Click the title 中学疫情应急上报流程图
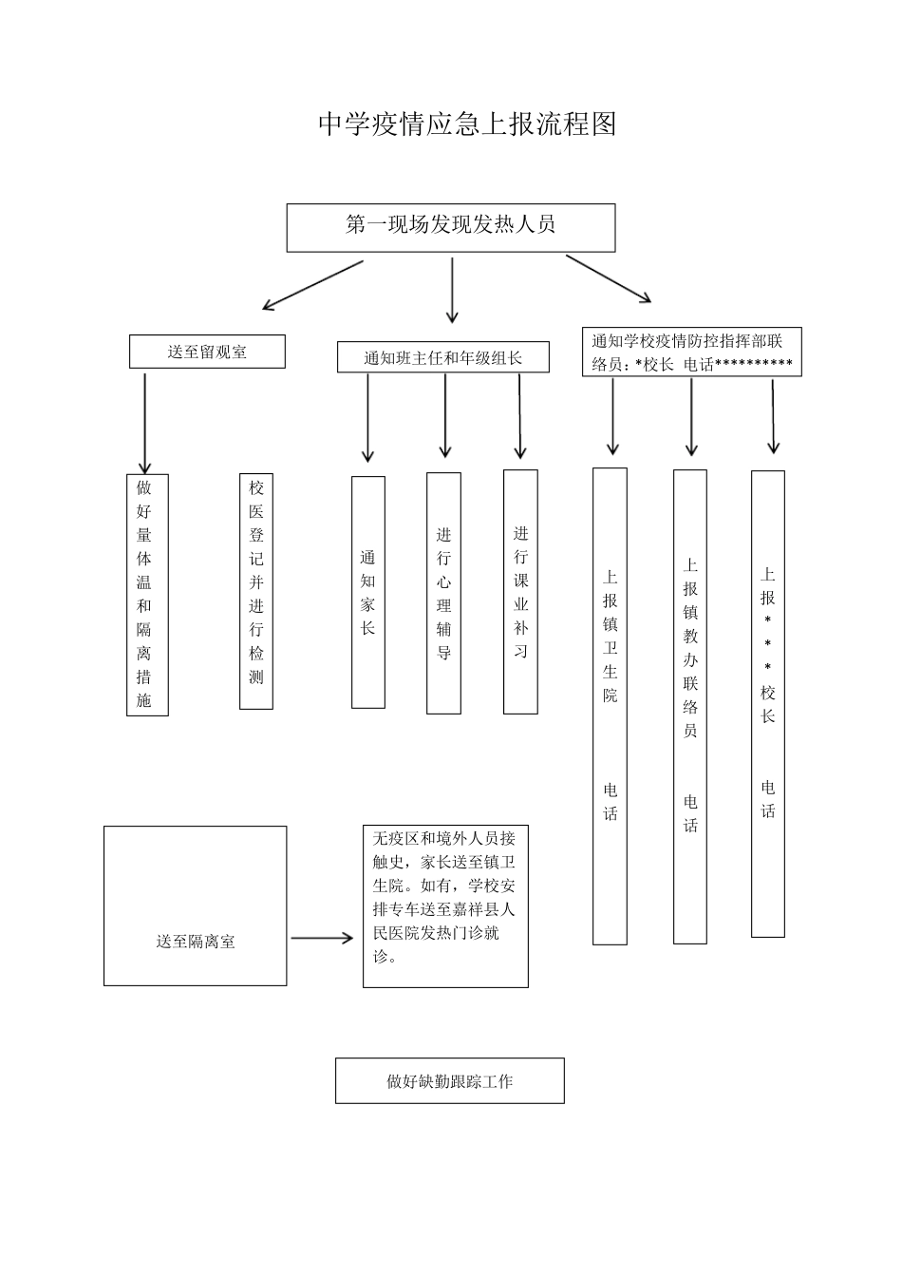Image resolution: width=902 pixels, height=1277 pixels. coord(467,124)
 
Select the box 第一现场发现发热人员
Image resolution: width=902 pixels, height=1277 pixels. coord(451,227)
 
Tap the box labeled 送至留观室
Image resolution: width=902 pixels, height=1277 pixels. coord(207,352)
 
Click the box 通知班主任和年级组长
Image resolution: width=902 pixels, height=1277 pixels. coord(443,357)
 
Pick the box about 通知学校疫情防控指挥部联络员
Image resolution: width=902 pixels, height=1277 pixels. coord(692,353)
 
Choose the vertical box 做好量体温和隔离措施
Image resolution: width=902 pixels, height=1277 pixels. coord(147,595)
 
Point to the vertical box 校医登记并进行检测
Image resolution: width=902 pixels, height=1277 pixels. coord(256,592)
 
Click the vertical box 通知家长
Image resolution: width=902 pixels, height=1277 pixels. coord(368,592)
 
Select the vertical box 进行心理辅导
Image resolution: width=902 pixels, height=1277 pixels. coord(443,593)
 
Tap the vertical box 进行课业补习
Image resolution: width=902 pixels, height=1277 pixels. coord(520,592)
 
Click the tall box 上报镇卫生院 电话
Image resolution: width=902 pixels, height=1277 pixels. coord(610,706)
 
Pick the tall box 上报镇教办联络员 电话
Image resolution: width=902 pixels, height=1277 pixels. coord(690,707)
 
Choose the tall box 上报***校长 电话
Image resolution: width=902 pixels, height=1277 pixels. coord(768,704)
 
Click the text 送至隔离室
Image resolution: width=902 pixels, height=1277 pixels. coord(196,942)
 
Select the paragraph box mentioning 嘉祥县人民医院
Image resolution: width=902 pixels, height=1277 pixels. coord(445,905)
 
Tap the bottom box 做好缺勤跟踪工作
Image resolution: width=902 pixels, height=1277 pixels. coord(450,1080)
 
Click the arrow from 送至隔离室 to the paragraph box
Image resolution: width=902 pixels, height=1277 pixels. coord(322,939)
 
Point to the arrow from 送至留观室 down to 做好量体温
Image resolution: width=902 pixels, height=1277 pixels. coord(145,423)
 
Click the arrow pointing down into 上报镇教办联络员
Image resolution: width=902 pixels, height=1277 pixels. coord(692,417)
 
